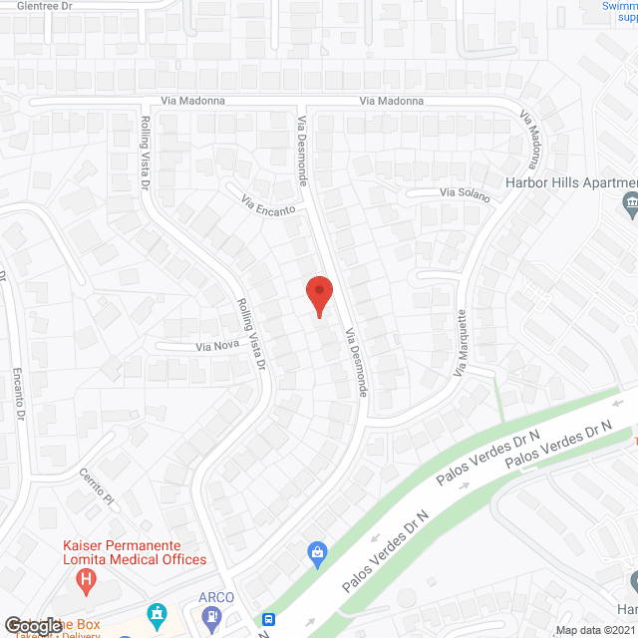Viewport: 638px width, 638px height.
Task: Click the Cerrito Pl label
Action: (100, 485)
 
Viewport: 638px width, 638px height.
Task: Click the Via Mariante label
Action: (463, 350)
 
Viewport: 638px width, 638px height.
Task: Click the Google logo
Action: (32, 625)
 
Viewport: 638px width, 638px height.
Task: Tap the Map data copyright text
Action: (595, 630)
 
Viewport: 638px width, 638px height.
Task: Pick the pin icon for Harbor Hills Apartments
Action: (629, 206)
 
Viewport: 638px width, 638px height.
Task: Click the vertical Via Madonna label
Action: (530, 139)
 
